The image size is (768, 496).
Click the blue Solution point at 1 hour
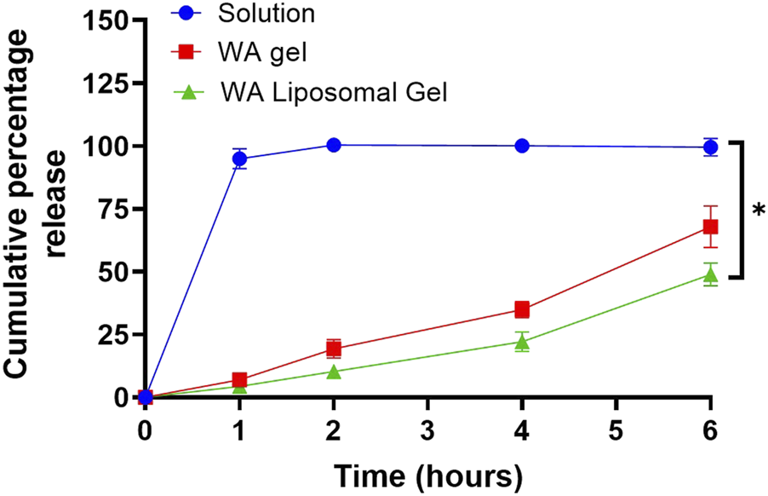(x=239, y=159)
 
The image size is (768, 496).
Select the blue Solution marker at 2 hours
(x=334, y=145)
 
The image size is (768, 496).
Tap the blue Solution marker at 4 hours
(x=522, y=146)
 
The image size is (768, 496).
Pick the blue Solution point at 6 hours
(x=710, y=147)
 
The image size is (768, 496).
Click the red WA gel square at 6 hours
(x=710, y=227)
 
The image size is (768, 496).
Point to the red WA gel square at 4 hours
(x=522, y=309)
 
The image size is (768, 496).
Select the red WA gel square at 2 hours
(x=334, y=349)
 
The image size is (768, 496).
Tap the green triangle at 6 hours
(x=710, y=274)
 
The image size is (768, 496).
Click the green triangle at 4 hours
(x=522, y=342)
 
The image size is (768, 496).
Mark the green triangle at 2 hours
(x=334, y=372)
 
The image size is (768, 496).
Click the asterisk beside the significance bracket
(x=759, y=210)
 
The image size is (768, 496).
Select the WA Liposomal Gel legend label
(x=333, y=91)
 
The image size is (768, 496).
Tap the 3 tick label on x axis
(x=428, y=431)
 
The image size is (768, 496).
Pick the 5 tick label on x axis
(x=616, y=431)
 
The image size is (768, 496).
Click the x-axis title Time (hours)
(x=427, y=475)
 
